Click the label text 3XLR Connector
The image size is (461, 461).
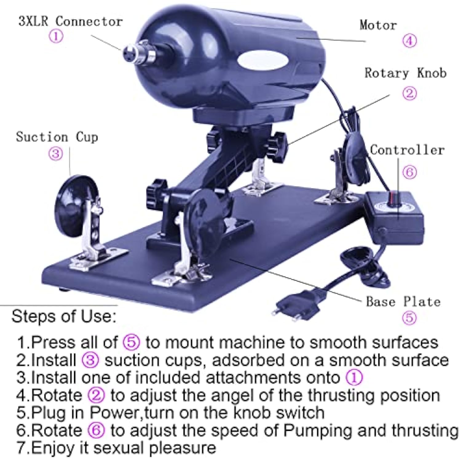tap(71, 22)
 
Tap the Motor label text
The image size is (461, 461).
tap(378, 25)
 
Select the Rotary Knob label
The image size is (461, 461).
tap(405, 73)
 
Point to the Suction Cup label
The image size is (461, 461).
tap(57, 137)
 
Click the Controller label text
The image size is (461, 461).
tap(407, 150)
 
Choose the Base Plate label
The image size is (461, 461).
tap(403, 301)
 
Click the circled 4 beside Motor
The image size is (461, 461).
tap(410, 41)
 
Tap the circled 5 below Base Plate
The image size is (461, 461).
tap(409, 317)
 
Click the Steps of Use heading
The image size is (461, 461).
tap(64, 316)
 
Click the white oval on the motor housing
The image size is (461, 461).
tap(263, 61)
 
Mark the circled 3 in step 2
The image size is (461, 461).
tap(90, 360)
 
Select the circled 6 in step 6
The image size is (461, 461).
tap(96, 430)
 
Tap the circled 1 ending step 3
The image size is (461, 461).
tap(354, 378)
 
